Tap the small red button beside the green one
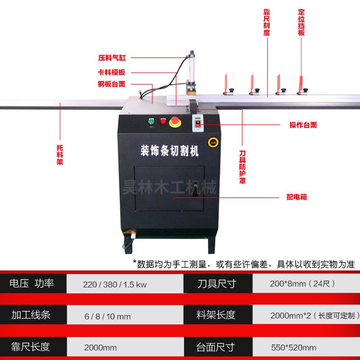pyautogui.click(x=162, y=121)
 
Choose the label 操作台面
pyautogui.click(x=303, y=125)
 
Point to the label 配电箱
pyautogui.click(x=297, y=197)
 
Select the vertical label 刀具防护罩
pyautogui.click(x=242, y=167)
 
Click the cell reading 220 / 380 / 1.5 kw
pyautogui.click(x=115, y=284)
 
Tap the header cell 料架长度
pyautogui.click(x=216, y=315)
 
